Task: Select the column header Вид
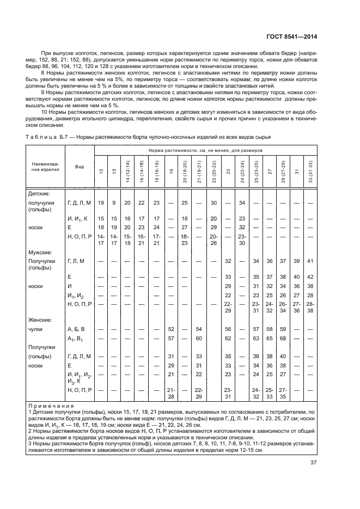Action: pyautogui.click(x=80, y=166)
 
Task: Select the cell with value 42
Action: pyautogui.click(x=311, y=277)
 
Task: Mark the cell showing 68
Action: pyautogui.click(x=282, y=338)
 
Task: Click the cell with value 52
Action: pyautogui.click(x=171, y=329)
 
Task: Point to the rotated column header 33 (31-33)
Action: pyautogui.click(x=311, y=174)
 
